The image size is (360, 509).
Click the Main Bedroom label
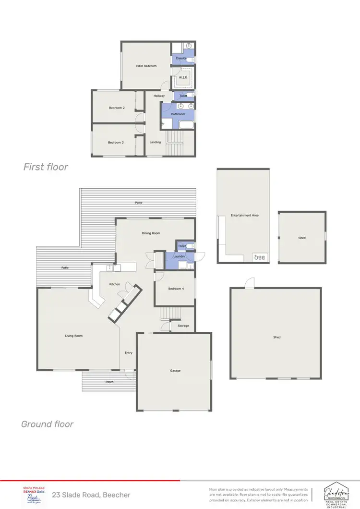[146, 66]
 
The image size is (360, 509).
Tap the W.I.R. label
[183, 77]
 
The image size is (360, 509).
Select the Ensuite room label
[181, 58]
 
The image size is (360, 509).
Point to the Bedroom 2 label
[117, 108]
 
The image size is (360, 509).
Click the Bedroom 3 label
[116, 142]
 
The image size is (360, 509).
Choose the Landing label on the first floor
[155, 142]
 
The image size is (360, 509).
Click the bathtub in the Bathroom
[186, 125]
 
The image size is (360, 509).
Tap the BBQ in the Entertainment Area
[261, 257]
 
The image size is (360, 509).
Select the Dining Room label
[151, 233]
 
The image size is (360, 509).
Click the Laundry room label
[179, 256]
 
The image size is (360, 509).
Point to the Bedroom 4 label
[175, 289]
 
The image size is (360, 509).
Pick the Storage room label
[183, 326]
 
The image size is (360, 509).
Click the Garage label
[175, 370]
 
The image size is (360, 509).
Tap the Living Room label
[74, 336]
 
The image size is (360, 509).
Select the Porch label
[110, 382]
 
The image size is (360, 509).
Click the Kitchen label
[115, 284]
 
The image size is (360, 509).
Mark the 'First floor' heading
[46, 167]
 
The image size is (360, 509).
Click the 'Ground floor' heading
[47, 424]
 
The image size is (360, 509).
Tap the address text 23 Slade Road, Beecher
[91, 495]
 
